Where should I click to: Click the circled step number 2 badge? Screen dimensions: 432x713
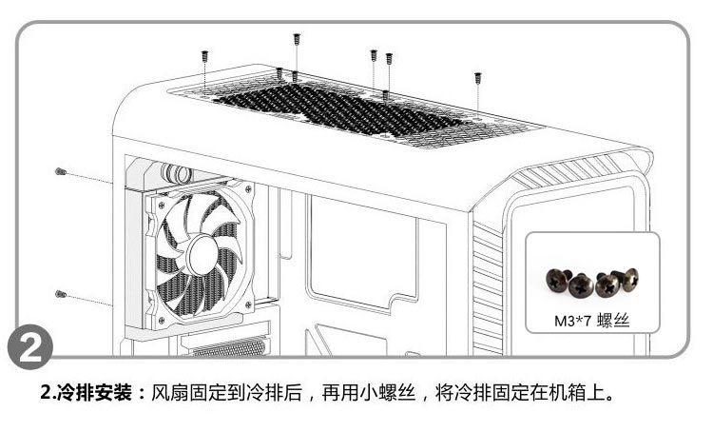[29, 349]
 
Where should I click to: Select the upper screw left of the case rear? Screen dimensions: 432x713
[60, 172]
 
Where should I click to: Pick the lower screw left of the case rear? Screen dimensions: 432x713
[60, 292]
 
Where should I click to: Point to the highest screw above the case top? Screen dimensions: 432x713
[297, 39]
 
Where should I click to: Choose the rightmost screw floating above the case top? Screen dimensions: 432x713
[477, 77]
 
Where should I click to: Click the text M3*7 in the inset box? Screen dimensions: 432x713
[572, 321]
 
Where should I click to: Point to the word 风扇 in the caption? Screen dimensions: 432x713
[168, 393]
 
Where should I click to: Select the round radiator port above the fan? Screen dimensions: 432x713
[178, 173]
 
